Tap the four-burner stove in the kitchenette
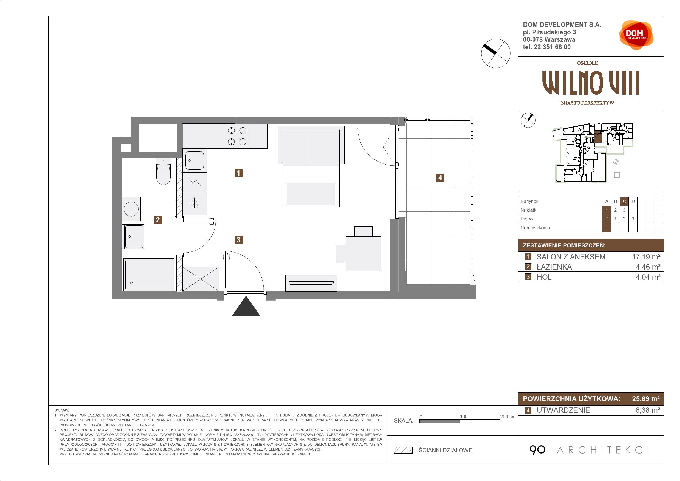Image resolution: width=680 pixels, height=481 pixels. click(x=237, y=136)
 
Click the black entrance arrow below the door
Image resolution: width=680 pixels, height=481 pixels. click(x=246, y=306)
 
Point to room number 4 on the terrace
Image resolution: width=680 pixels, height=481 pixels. click(x=440, y=177)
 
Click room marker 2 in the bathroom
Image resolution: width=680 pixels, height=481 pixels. click(x=158, y=220)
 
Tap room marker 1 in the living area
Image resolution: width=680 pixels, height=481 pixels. click(x=238, y=173)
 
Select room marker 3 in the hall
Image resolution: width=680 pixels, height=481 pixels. click(x=238, y=239)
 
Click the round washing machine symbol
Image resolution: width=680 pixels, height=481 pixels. click(x=131, y=209)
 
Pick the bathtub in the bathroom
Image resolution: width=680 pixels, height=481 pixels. click(x=149, y=274)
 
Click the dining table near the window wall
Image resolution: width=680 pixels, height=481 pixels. click(x=363, y=253)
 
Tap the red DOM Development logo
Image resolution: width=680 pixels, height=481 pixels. click(x=636, y=35)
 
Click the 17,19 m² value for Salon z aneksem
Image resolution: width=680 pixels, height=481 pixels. click(x=646, y=257)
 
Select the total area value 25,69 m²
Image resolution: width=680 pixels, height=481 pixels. click(x=646, y=399)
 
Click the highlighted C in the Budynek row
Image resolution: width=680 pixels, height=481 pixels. click(x=624, y=202)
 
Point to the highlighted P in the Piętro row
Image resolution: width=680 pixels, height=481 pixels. click(x=607, y=219)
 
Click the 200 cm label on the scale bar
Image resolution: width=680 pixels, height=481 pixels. click(x=508, y=417)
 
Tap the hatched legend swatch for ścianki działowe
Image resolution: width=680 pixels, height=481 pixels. click(x=403, y=450)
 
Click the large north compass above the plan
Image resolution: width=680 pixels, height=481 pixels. click(x=496, y=53)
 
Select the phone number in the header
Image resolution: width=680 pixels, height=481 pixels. click(x=547, y=47)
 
